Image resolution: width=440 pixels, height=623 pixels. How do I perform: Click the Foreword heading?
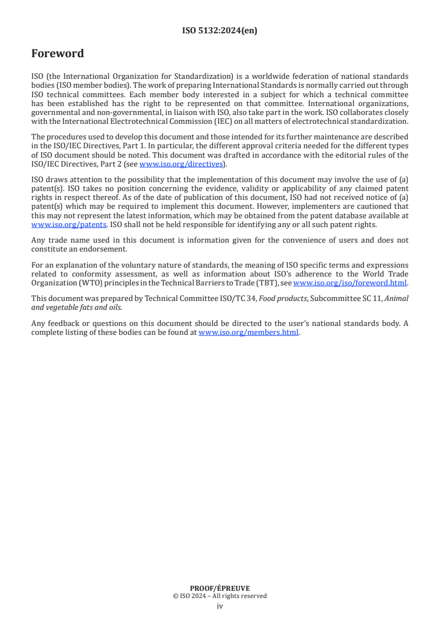[58, 54]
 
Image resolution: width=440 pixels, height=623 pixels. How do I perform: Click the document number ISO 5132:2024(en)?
[220, 31]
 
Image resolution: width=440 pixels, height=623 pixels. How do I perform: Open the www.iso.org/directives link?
[181, 164]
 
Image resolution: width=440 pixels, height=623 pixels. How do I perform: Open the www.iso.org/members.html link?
[249, 333]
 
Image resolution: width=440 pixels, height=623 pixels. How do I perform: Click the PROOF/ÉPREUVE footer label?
[220, 588]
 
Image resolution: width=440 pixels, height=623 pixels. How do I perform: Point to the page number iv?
[220, 606]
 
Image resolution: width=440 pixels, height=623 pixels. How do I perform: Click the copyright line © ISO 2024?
[220, 596]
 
